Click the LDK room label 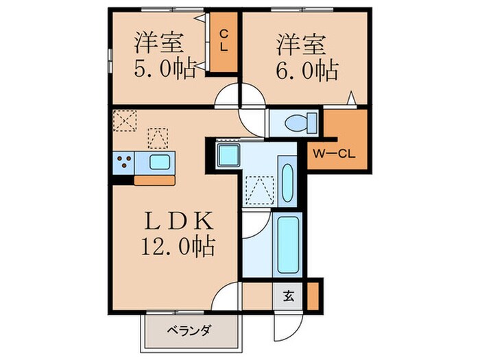coord(180,221)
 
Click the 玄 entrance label coord(289,297)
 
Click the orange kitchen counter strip coord(155,180)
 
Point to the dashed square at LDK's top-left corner coord(125,121)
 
